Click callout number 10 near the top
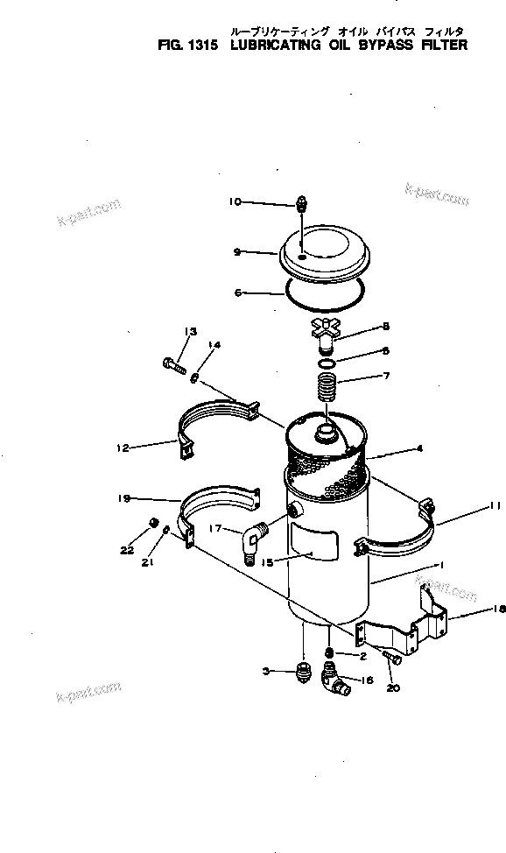tap(235, 202)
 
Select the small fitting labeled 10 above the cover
tap(301, 203)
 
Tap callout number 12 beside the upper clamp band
tap(122, 448)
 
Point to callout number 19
tap(124, 498)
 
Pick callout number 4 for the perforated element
tap(420, 449)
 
